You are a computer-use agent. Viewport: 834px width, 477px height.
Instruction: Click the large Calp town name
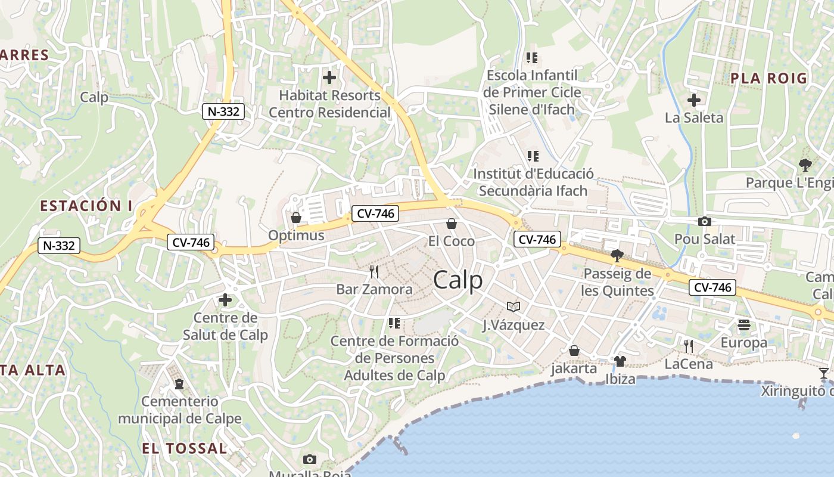click(458, 280)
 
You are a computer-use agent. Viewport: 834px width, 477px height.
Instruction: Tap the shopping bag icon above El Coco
click(452, 224)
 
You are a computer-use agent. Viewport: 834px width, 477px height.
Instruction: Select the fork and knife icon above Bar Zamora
click(374, 272)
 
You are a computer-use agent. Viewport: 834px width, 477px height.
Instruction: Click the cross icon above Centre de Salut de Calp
click(225, 300)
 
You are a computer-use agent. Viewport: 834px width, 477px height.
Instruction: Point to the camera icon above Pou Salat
click(704, 222)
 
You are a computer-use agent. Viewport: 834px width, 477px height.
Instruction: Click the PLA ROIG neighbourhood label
click(768, 78)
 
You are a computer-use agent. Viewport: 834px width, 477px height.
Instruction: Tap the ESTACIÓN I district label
click(86, 206)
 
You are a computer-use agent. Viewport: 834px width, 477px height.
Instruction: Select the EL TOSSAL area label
click(185, 448)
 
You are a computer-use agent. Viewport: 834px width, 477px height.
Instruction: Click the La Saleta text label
click(694, 117)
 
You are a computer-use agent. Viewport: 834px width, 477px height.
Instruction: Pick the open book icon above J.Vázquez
click(514, 306)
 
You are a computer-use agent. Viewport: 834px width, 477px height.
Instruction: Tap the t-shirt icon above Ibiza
click(620, 361)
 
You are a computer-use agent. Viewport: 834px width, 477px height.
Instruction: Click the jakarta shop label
click(574, 368)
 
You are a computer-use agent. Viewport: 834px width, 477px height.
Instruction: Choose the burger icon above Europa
click(743, 325)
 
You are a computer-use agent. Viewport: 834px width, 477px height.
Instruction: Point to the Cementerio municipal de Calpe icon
click(179, 383)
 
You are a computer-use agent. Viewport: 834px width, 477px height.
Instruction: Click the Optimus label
click(296, 235)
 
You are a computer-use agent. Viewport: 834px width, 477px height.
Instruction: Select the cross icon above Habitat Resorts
click(329, 78)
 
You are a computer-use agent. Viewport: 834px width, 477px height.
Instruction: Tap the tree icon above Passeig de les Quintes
click(617, 256)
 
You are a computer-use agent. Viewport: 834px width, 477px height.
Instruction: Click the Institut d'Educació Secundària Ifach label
click(533, 182)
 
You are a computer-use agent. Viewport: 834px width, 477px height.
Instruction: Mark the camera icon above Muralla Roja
click(309, 459)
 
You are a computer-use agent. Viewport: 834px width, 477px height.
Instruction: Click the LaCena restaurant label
click(689, 364)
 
